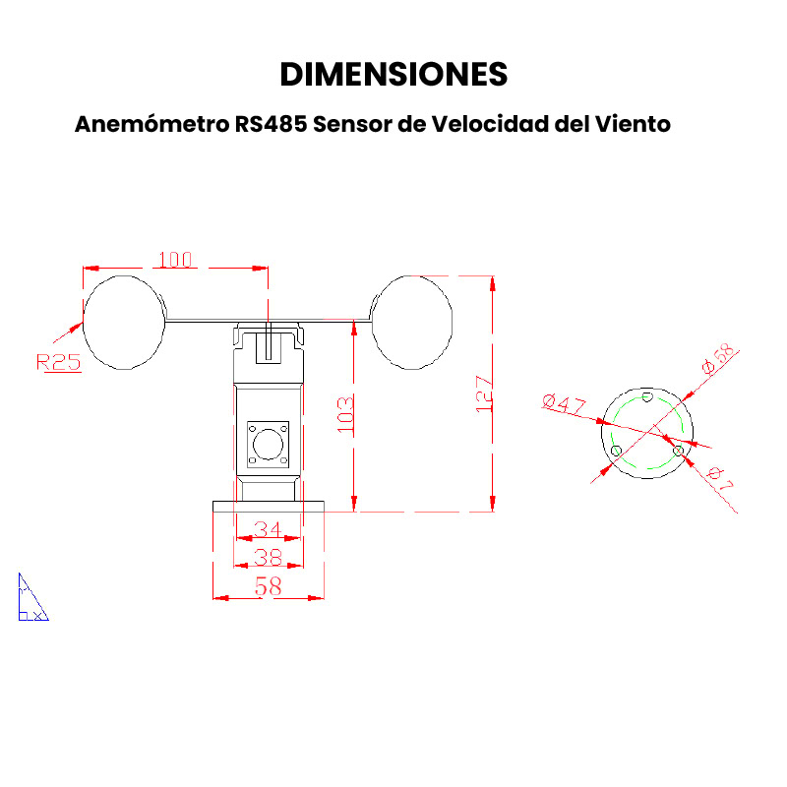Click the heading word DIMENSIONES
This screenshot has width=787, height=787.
pos(394,75)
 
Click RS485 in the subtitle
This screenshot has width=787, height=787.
pos(272,124)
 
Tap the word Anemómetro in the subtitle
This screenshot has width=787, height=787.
pos(152,124)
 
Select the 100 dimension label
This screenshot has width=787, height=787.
pos(175,260)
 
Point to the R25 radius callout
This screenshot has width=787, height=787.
pos(59,362)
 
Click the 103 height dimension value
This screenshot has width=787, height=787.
pos(345,414)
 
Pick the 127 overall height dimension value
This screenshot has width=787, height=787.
pos(484,394)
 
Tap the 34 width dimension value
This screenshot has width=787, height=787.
pos(268,529)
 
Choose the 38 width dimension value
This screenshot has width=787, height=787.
pos(268,557)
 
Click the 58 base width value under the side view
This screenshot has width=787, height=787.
pos(268,586)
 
